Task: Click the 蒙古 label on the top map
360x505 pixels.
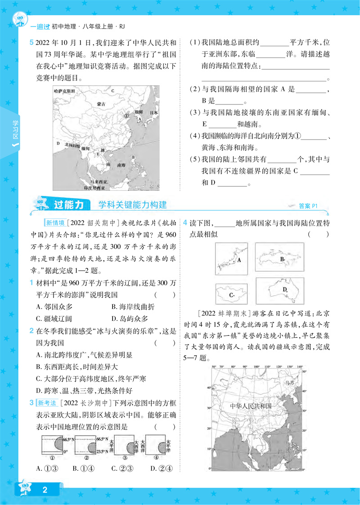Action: (x=101, y=104)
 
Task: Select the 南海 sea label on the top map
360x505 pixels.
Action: (x=121, y=166)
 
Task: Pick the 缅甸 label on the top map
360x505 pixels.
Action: (x=85, y=148)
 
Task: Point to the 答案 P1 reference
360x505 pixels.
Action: (x=308, y=206)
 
